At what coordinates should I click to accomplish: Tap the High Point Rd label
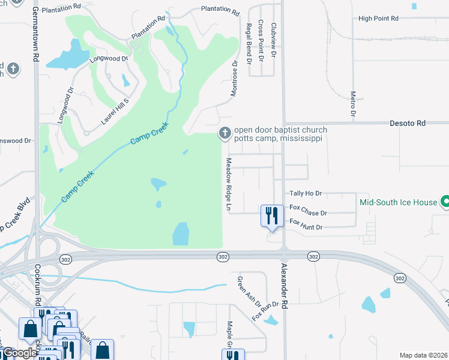coord(378,19)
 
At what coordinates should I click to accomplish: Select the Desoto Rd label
coord(408,123)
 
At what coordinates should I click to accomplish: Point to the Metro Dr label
coord(353,104)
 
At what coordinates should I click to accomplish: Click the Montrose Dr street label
coord(235,78)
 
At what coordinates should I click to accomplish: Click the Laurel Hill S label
coord(115,112)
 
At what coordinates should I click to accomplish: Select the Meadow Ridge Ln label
coord(229,184)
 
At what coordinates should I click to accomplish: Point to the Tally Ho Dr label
coord(306,193)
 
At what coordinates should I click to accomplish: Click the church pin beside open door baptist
coord(224,133)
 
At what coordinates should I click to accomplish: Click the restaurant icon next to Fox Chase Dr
coord(271,214)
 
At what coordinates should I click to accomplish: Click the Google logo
coord(19,353)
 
